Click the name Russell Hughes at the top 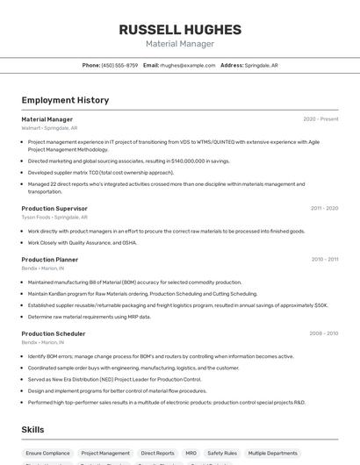point(179,29)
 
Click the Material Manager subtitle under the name point(179,44)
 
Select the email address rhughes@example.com point(187,65)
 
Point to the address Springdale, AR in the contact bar point(261,65)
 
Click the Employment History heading point(65,100)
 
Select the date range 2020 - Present point(320,119)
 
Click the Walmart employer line point(49,128)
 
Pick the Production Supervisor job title point(54,209)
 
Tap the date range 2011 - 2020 point(324,209)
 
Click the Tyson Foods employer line point(54,217)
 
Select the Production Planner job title point(50,260)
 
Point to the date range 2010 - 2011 point(324,260)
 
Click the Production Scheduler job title point(54,333)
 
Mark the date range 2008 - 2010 point(323,333)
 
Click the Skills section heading point(32,429)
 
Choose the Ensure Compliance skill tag point(48,454)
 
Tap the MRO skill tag point(191,454)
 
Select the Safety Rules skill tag point(222,454)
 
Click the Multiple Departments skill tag point(273,454)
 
